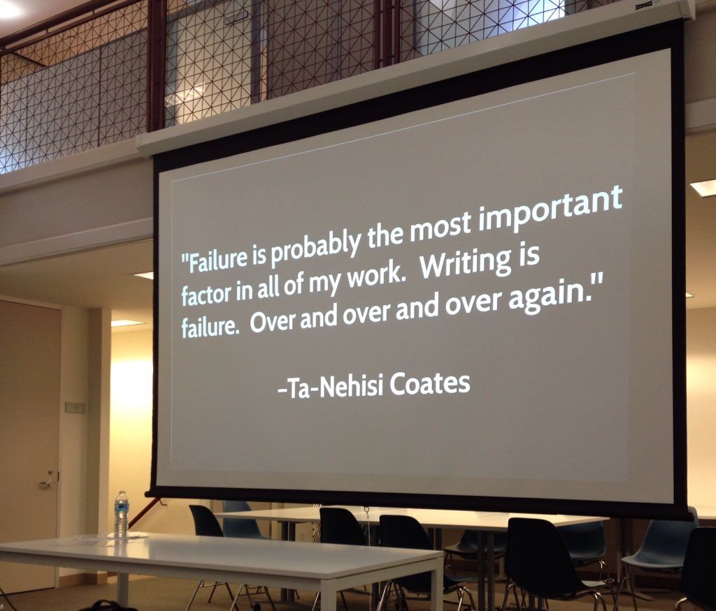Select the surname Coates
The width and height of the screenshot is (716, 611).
click(x=430, y=384)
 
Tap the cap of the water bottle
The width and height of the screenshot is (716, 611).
click(x=122, y=493)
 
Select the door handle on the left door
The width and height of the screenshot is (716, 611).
click(x=48, y=482)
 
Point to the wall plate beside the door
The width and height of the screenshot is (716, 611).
click(x=75, y=407)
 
